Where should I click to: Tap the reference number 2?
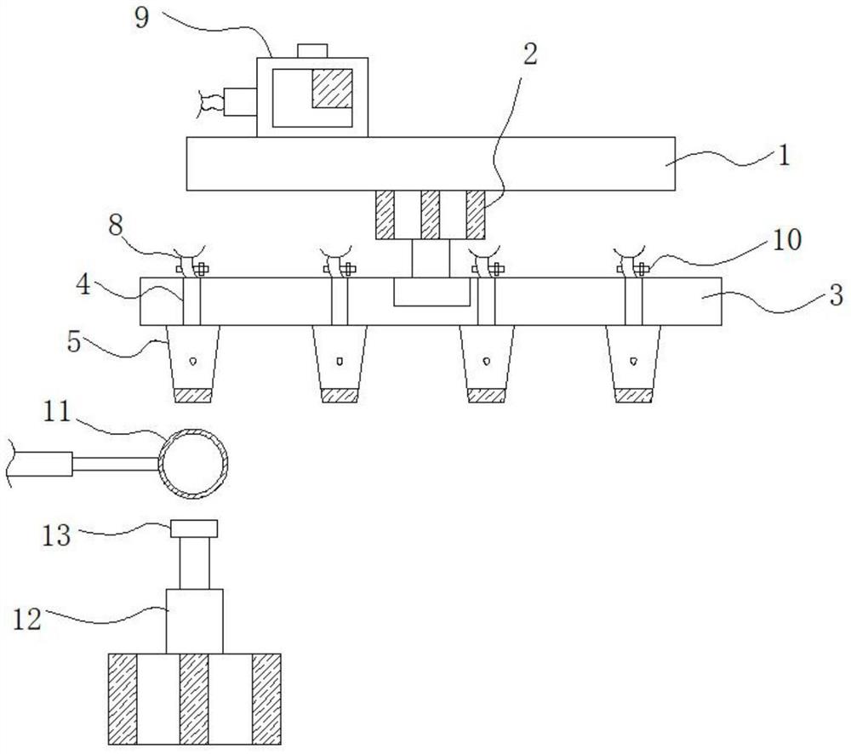point(529,54)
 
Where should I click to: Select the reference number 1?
point(784,155)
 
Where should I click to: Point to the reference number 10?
point(787,240)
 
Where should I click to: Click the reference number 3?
point(837,296)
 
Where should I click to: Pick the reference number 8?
point(116,226)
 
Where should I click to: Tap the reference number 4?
point(83,283)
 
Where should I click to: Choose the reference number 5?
point(74,342)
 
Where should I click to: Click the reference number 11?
point(57,412)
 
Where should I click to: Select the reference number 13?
point(57,535)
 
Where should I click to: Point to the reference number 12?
point(27,620)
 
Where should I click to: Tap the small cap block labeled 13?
point(194,528)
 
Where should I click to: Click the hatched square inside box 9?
point(332,88)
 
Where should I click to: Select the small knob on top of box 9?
point(312,50)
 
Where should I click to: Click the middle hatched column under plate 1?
point(430,214)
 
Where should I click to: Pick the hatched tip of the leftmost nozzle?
point(192,396)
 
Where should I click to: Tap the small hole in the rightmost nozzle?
point(633,361)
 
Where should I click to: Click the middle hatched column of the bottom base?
point(194,700)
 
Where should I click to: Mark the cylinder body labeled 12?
point(194,621)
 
